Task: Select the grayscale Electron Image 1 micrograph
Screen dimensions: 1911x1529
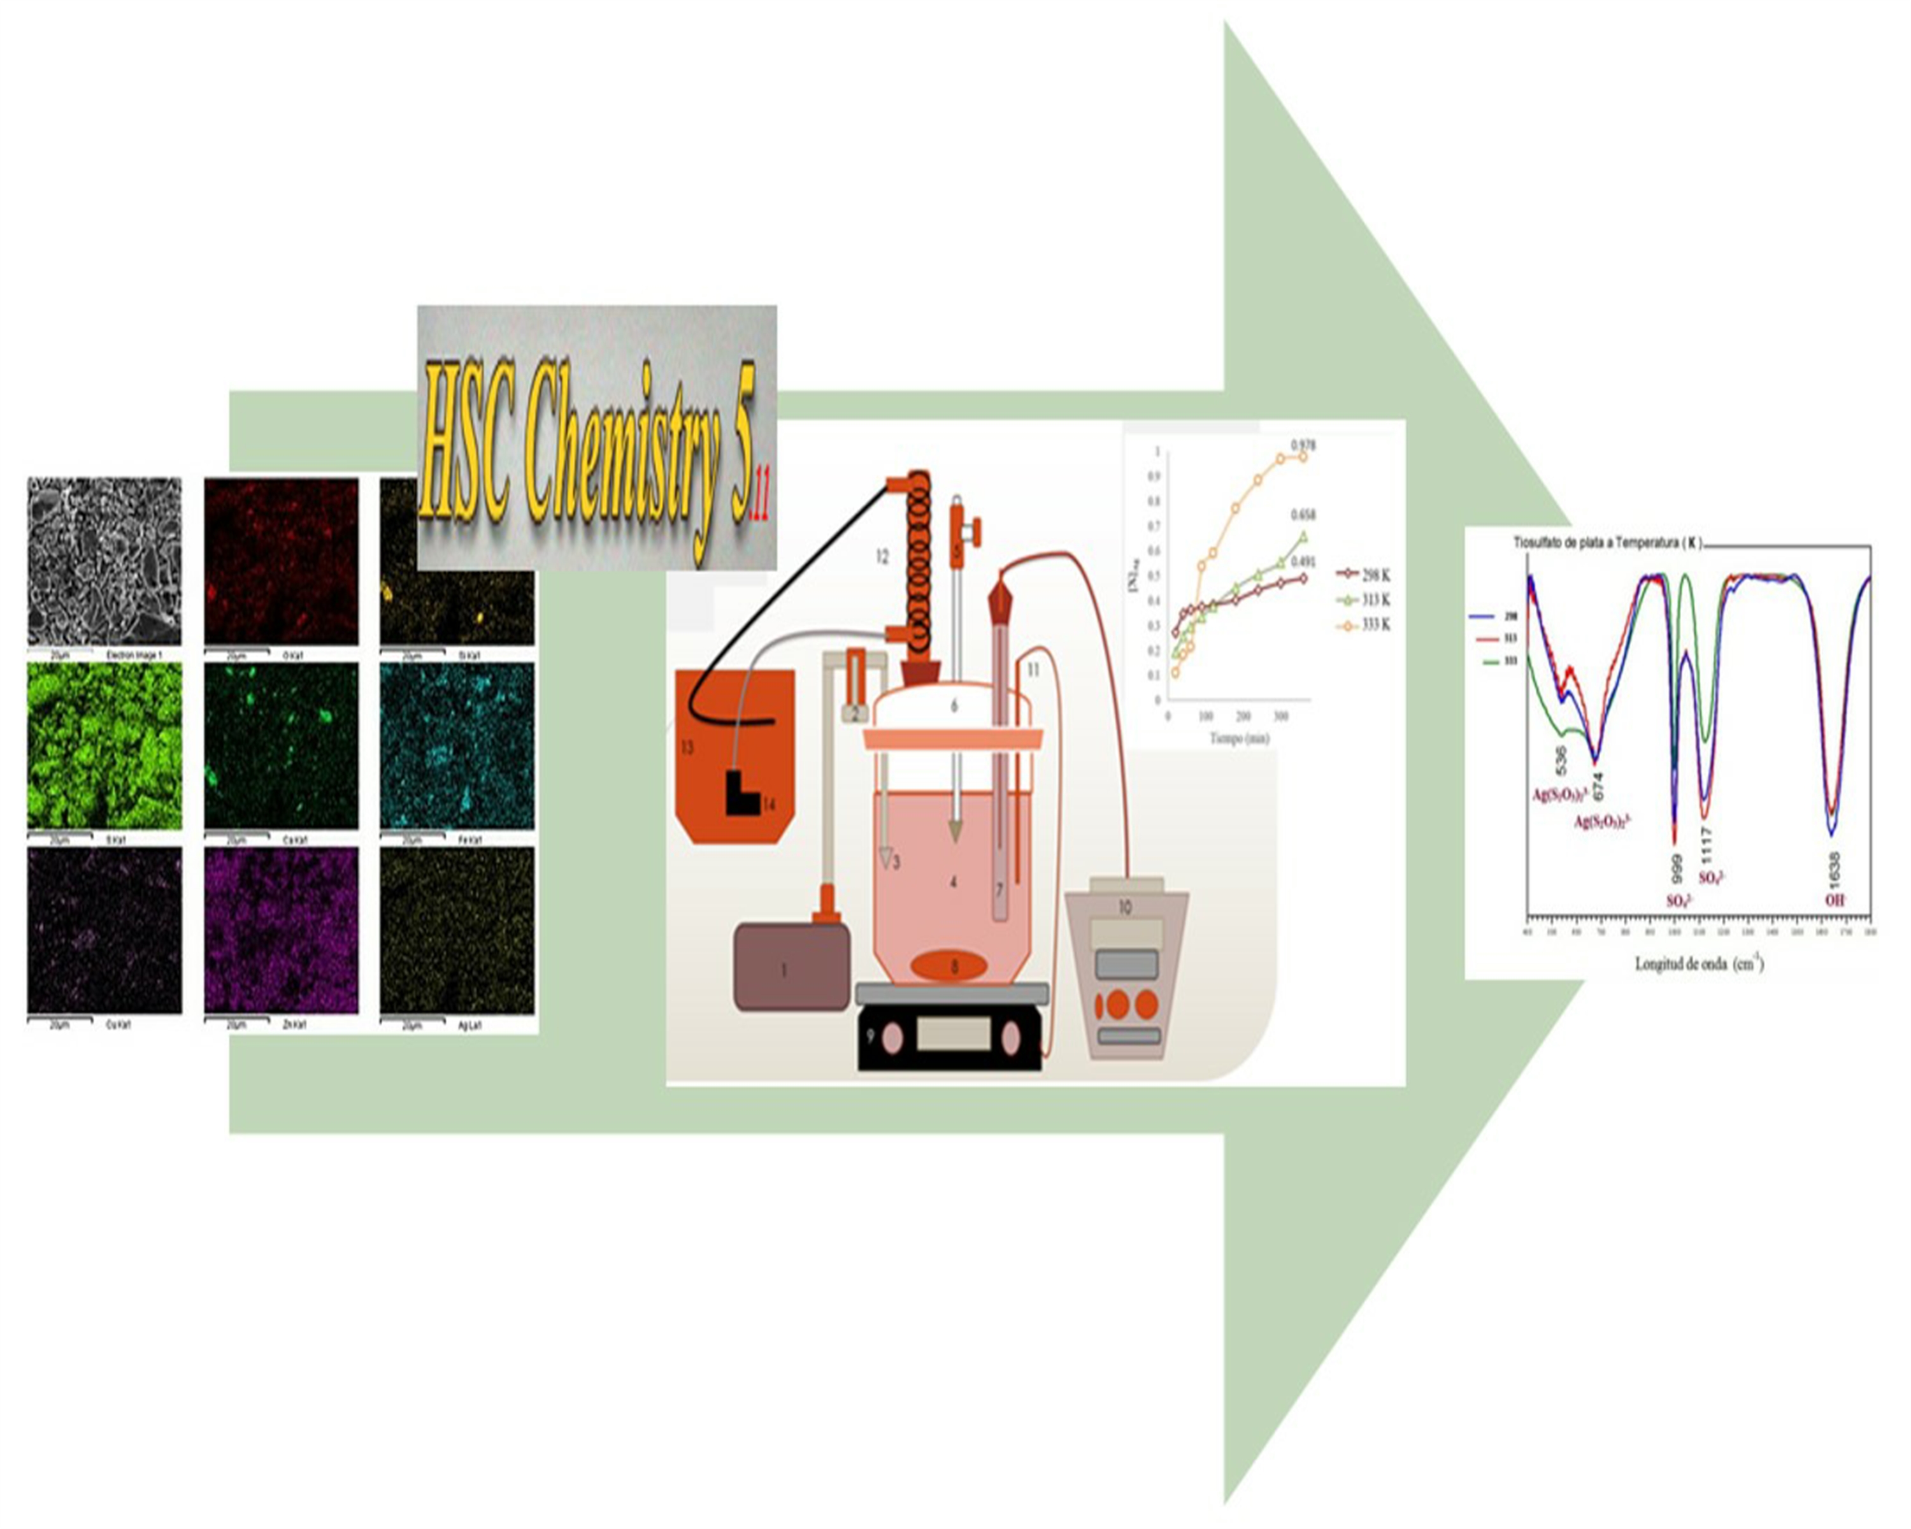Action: (104, 560)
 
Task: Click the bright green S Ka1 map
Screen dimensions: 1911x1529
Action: (104, 745)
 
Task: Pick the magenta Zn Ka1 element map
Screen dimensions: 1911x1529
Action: (281, 929)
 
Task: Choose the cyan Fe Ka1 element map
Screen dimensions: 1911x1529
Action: (457, 745)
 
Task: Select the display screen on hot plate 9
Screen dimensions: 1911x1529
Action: (953, 1033)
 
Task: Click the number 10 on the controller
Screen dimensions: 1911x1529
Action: (1125, 907)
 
